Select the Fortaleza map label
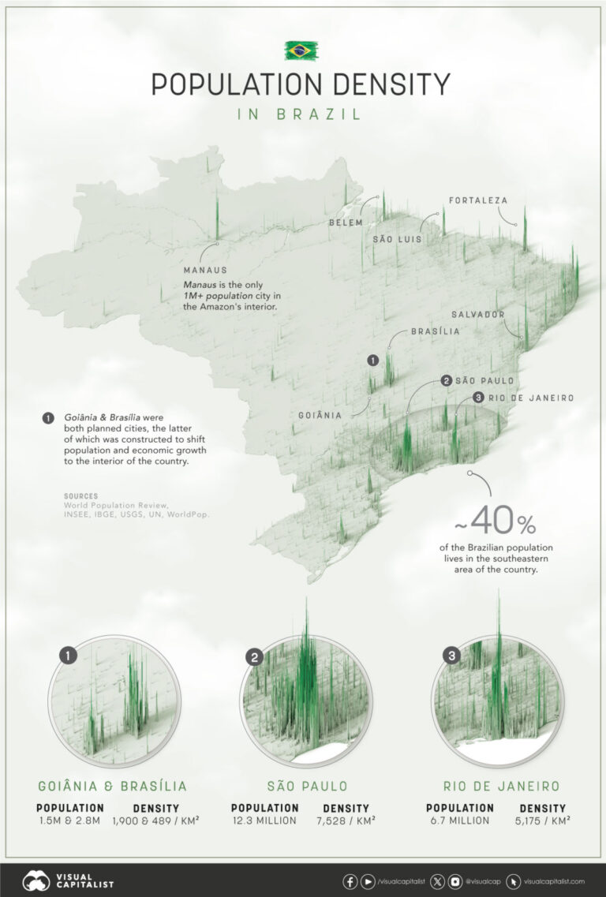coord(478,200)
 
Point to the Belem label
coord(346,223)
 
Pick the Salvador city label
coord(477,314)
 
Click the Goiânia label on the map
coord(320,415)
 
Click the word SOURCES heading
coord(81,496)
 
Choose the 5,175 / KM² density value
coord(542,820)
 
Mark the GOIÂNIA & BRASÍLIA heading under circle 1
coord(113,786)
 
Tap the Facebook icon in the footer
coord(349,880)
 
